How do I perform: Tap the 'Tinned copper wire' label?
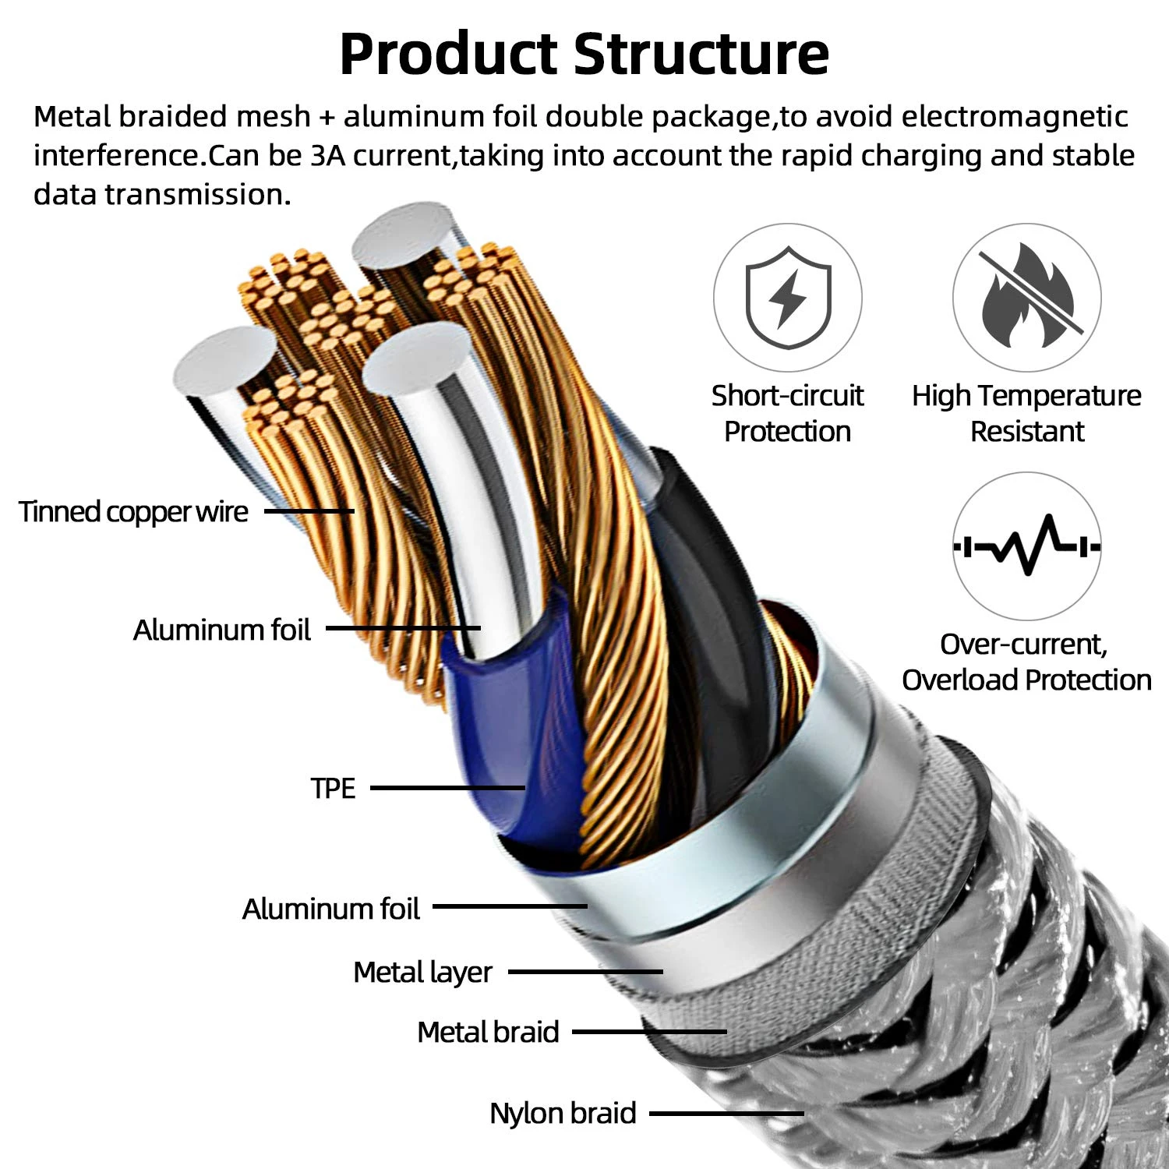(133, 512)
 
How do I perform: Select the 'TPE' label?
(333, 788)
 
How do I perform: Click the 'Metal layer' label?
(422, 972)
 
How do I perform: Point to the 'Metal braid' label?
(488, 1032)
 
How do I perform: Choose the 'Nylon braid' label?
(563, 1113)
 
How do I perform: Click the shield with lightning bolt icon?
(787, 298)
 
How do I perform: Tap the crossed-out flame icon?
(1026, 298)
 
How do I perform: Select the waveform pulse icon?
(1026, 546)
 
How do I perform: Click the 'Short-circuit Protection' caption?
(787, 413)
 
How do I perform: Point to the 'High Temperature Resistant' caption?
(1026, 413)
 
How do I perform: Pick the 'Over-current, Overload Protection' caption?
(1026, 662)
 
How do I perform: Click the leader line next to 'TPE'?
(447, 788)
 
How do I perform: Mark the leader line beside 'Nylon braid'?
(726, 1113)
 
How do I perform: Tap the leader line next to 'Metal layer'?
(584, 972)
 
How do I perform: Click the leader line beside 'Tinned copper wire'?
(309, 512)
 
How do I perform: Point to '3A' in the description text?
(327, 156)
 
